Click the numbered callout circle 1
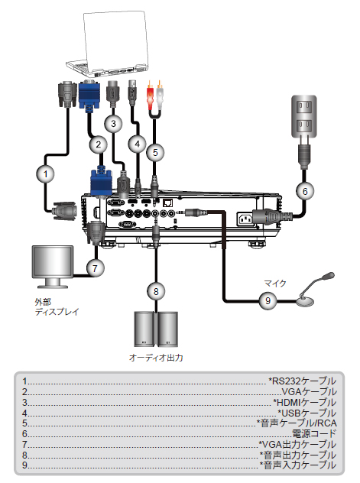click(46, 173)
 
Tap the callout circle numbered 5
click(155, 152)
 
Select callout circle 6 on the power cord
click(304, 191)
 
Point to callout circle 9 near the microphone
click(268, 300)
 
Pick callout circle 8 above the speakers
click(156, 291)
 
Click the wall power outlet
click(303, 116)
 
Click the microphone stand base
click(305, 302)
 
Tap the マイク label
click(275, 283)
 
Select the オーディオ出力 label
click(156, 358)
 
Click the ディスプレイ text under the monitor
click(57, 312)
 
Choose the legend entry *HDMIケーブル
click(304, 402)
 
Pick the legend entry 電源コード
click(314, 434)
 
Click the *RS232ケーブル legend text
click(302, 381)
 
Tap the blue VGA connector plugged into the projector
click(101, 182)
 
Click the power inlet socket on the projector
click(245, 219)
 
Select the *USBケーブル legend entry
click(306, 413)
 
